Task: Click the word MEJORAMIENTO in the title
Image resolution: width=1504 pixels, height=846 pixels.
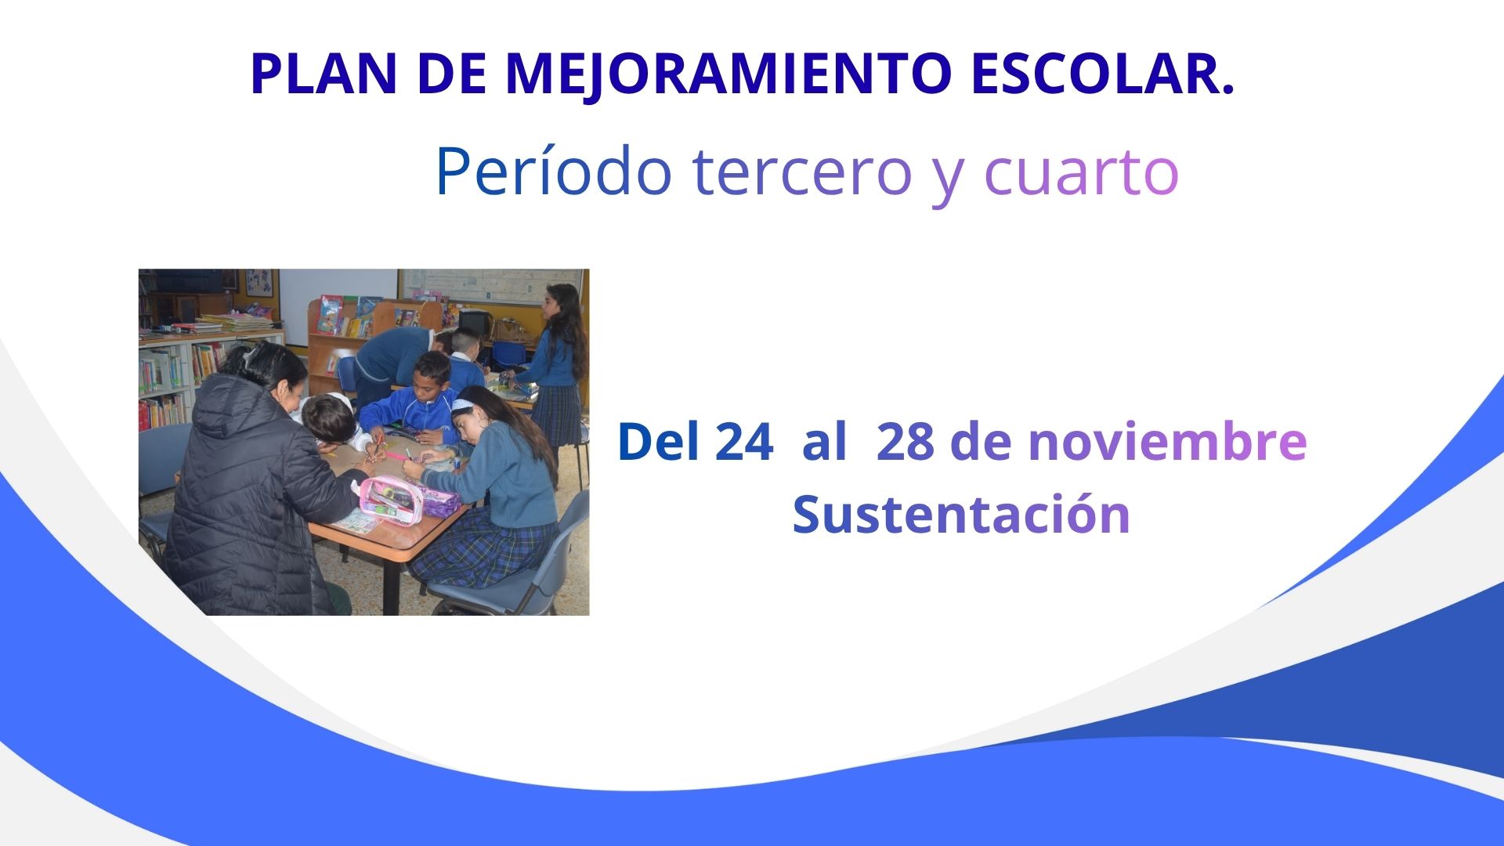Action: coord(728,74)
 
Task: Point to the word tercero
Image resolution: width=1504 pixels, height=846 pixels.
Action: coord(803,172)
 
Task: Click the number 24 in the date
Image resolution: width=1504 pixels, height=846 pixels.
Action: coord(744,442)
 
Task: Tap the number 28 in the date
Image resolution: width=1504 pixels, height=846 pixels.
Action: coord(906,442)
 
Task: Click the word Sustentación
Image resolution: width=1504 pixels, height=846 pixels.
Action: coord(961,515)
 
